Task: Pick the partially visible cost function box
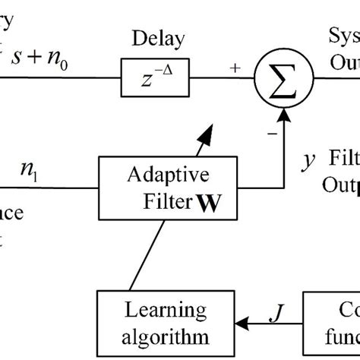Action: (334, 322)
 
